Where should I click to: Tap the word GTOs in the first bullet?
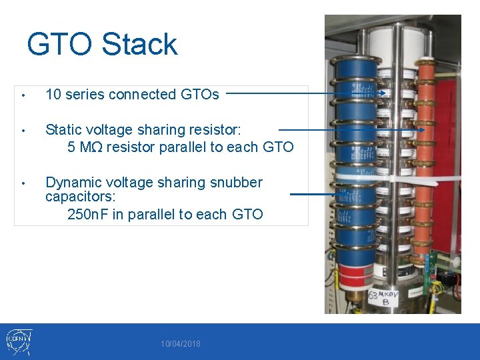pyautogui.click(x=200, y=95)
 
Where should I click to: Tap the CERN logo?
pyautogui.click(x=18, y=340)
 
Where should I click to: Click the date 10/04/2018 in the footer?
pyautogui.click(x=180, y=344)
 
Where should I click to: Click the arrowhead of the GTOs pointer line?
pyautogui.click(x=383, y=94)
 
